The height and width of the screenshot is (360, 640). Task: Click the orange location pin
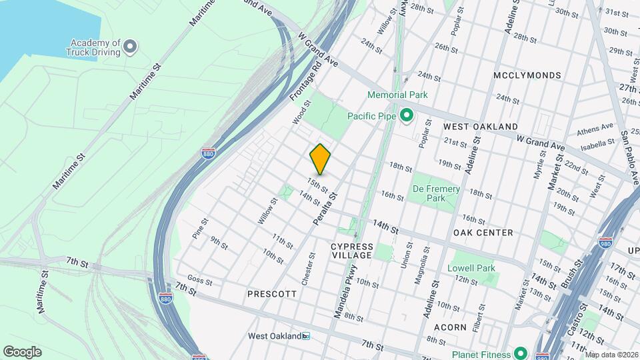[x=320, y=159]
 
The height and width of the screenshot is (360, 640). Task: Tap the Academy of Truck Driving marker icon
[x=131, y=46]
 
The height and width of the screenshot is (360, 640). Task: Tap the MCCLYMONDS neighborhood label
[x=527, y=75]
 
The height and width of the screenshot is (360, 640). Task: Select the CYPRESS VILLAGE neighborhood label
[x=351, y=251]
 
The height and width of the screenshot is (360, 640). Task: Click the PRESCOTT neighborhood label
[x=271, y=293]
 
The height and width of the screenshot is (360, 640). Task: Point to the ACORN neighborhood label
[x=449, y=327]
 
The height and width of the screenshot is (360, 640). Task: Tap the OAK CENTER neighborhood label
[x=483, y=233]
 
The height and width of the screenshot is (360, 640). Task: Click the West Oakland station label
[x=275, y=336]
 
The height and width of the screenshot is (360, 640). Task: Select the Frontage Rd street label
[x=305, y=82]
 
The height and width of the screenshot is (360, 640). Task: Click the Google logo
[x=22, y=351]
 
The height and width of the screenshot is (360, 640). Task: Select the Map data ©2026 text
[x=611, y=355]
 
